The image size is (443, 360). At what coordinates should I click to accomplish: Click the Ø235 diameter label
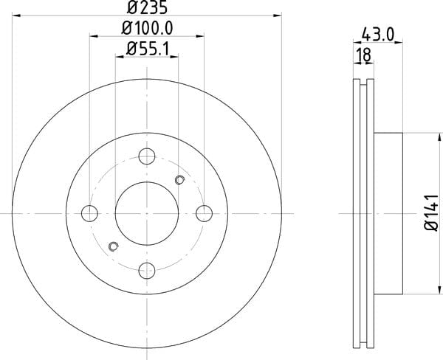click(x=147, y=7)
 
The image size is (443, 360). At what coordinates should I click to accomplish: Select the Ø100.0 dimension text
click(x=147, y=28)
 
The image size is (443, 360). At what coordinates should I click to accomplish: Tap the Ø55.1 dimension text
click(x=148, y=49)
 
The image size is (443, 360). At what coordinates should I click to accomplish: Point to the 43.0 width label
click(x=378, y=35)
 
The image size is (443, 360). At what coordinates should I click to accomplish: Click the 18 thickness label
click(x=364, y=55)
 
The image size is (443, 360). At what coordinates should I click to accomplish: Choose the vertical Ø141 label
click(x=432, y=213)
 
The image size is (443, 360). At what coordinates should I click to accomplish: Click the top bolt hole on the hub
click(x=147, y=156)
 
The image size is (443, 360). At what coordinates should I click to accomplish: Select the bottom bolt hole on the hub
click(x=147, y=271)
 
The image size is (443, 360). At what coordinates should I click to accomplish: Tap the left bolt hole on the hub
click(x=89, y=213)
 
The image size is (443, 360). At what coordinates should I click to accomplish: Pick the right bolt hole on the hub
click(x=204, y=213)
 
